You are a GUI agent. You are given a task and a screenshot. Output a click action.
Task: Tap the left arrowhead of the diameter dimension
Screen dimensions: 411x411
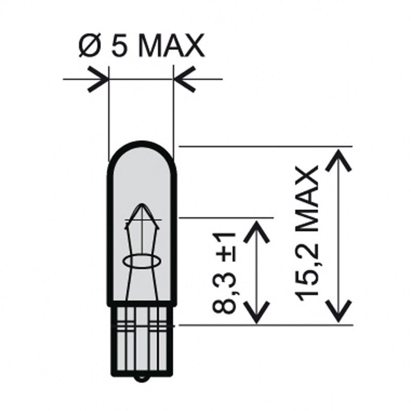click(100, 80)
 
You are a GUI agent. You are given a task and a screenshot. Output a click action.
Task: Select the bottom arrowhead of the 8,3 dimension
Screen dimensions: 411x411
click(256, 314)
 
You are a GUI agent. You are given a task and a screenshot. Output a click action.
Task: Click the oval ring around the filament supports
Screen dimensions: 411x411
click(142, 260)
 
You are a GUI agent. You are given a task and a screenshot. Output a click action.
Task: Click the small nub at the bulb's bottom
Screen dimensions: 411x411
click(142, 381)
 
